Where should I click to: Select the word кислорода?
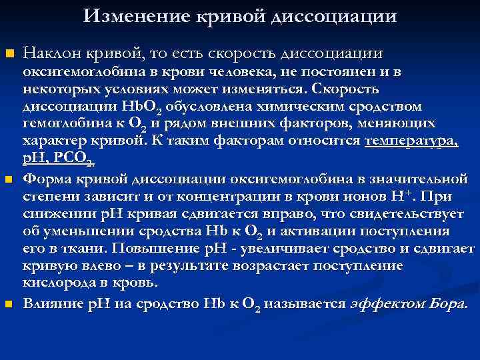click(x=55, y=283)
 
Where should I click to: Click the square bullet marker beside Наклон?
click(x=9, y=53)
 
